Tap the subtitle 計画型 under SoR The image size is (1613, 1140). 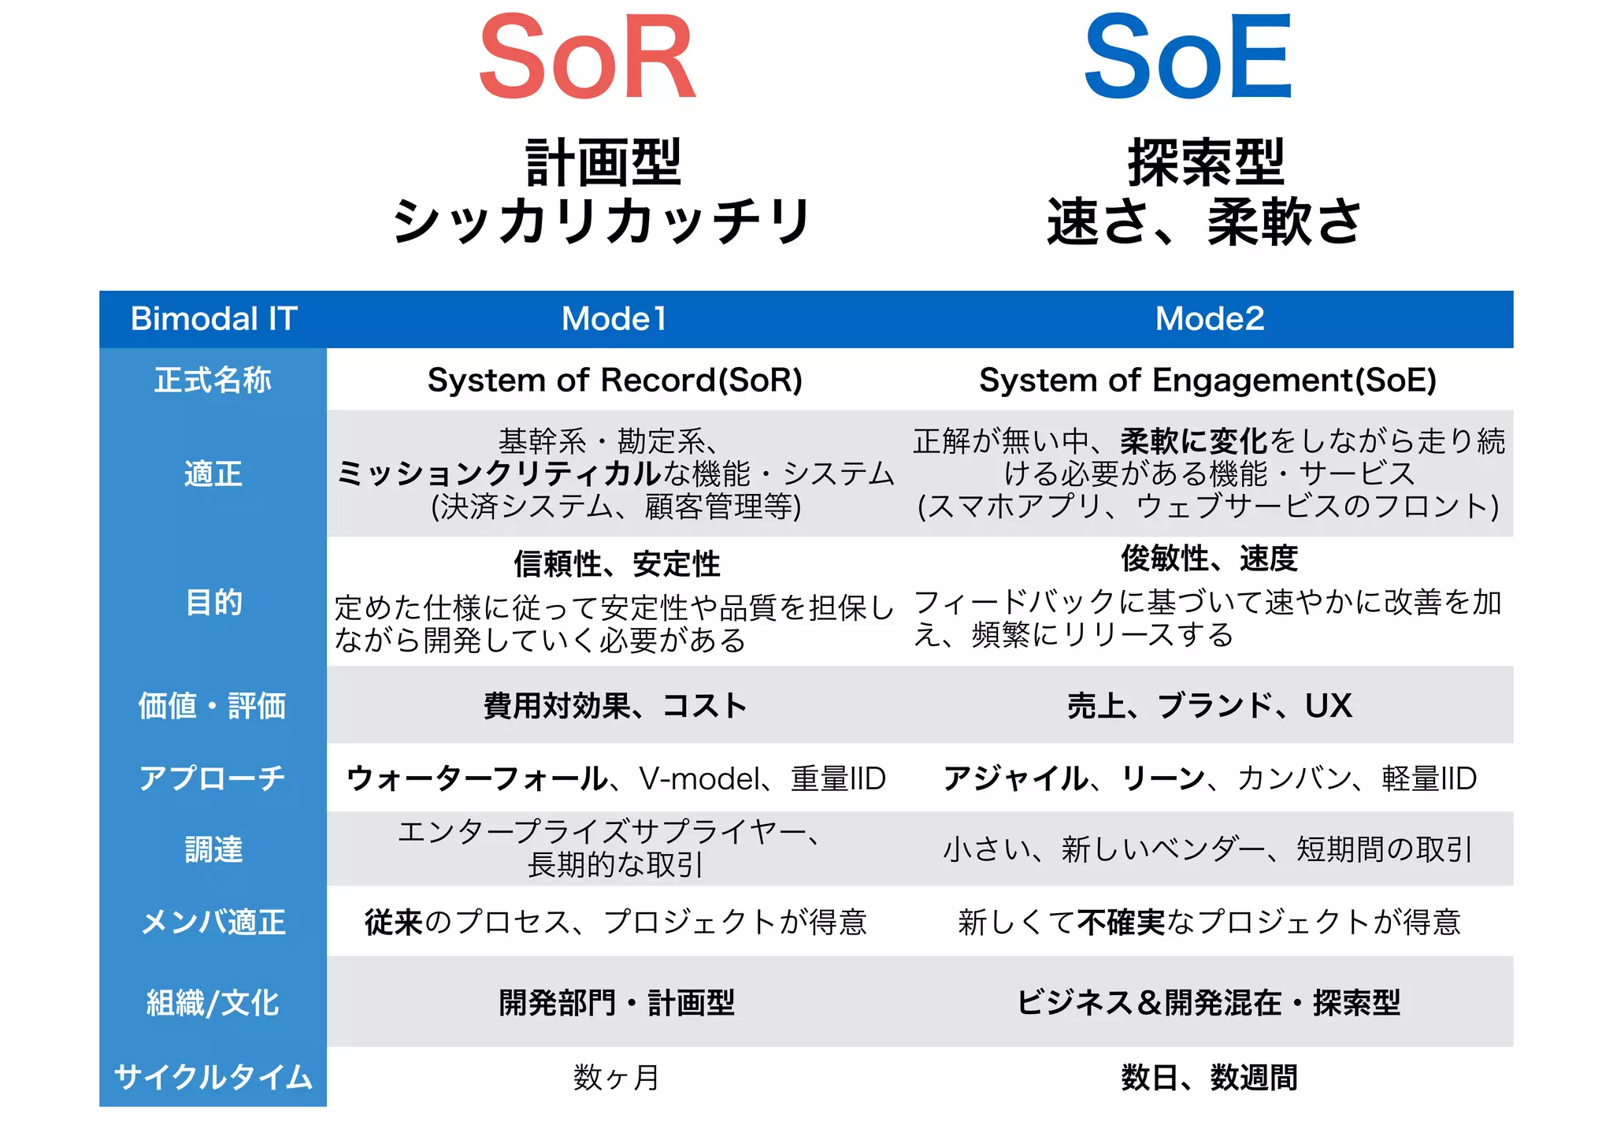603,163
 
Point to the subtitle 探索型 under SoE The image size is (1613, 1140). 1205,163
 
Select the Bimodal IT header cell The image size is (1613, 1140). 213,319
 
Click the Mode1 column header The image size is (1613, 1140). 614,319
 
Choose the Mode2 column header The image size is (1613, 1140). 1209,319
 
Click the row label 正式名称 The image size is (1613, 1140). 213,381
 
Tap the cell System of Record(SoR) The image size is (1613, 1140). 614,381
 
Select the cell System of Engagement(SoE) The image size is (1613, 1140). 1207,381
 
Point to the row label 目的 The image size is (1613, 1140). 213,603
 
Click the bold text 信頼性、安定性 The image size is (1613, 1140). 617,564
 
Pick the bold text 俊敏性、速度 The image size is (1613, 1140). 1209,559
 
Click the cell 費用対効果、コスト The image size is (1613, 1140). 614,706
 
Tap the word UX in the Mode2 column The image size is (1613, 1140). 1328,706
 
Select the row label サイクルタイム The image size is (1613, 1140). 213,1077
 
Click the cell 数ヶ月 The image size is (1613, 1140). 616,1077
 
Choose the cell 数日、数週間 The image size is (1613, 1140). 1209,1077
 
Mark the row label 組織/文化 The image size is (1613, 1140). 213,1003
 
